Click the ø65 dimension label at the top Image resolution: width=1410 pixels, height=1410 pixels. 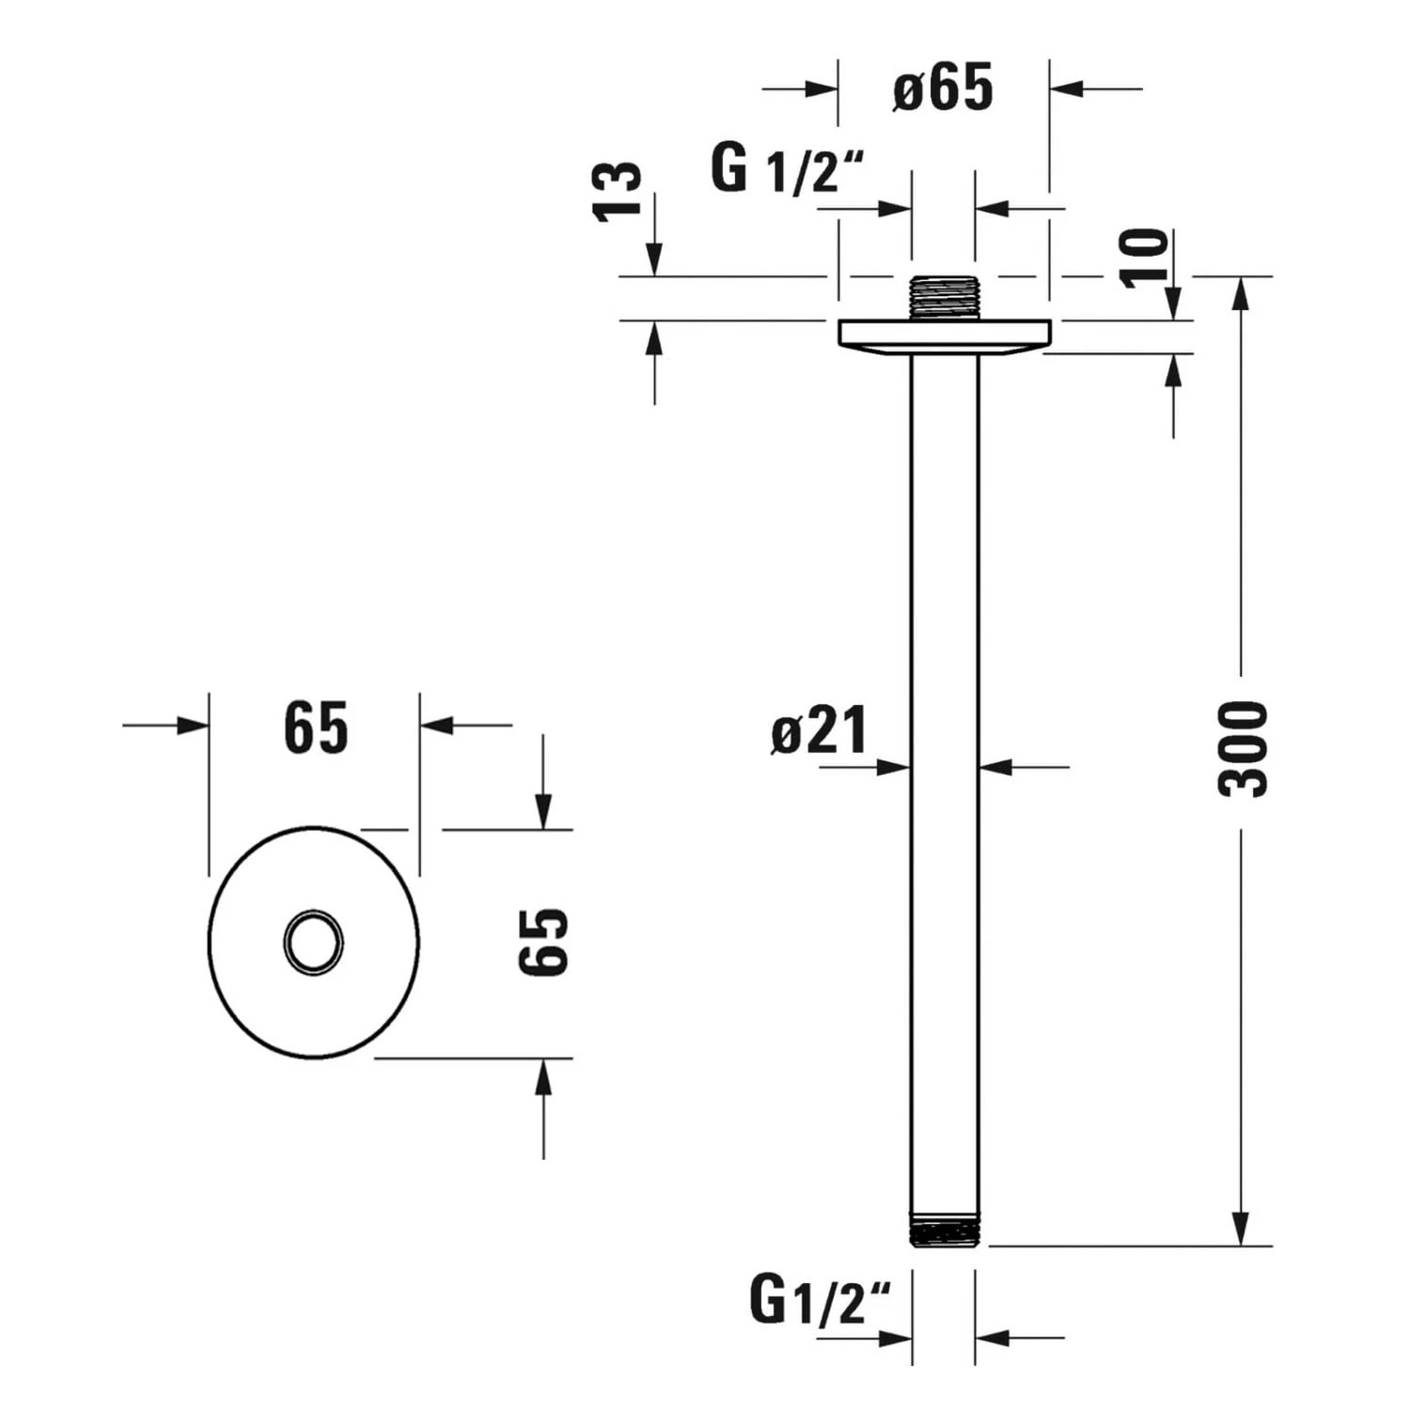click(942, 88)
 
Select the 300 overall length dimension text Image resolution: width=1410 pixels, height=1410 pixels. click(1243, 749)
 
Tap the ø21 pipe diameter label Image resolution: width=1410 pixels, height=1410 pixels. click(820, 731)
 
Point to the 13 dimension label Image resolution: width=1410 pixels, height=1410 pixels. click(618, 192)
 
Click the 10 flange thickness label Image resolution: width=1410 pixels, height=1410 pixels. click(1145, 257)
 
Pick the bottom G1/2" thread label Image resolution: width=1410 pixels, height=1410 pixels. click(819, 1301)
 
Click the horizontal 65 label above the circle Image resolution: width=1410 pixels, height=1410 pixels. click(316, 728)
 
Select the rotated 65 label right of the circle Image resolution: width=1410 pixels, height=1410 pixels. click(544, 942)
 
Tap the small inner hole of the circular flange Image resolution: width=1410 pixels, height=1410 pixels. click(314, 942)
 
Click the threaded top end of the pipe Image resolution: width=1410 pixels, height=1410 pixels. click(945, 298)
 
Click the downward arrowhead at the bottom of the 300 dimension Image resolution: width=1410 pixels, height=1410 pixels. click(1241, 1230)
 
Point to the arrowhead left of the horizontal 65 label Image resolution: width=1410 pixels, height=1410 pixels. click(193, 725)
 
